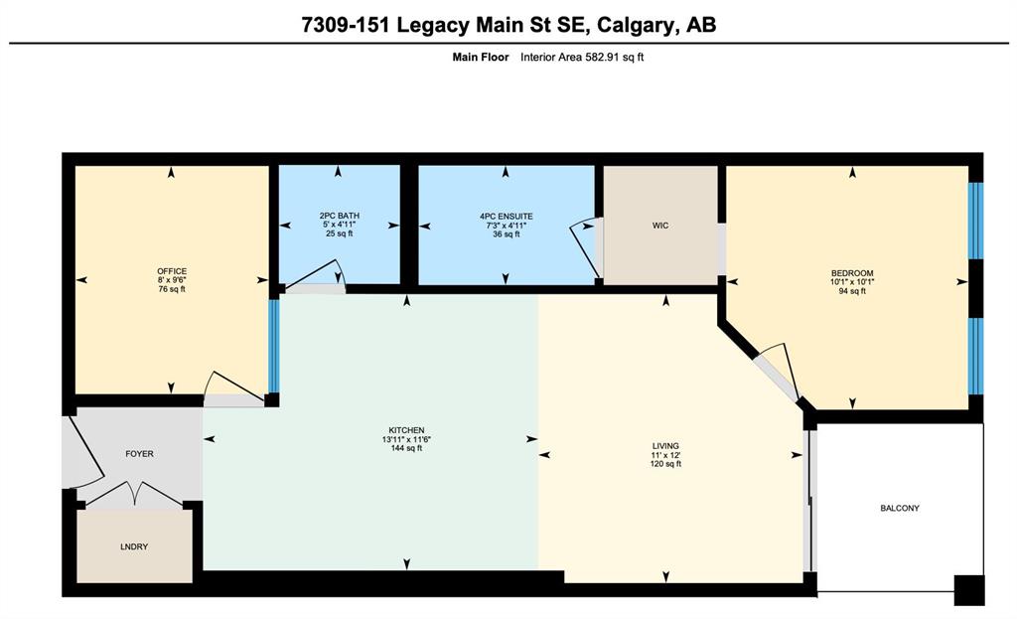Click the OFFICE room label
click(x=172, y=271)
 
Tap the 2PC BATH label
click(x=340, y=216)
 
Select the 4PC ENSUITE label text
click(x=506, y=216)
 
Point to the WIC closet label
click(x=660, y=226)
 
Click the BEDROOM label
click(x=852, y=273)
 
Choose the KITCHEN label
click(x=406, y=430)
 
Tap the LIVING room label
click(x=665, y=446)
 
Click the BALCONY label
click(x=900, y=508)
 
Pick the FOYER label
click(x=139, y=453)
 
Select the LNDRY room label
click(x=134, y=546)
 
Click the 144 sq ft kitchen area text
click(x=406, y=448)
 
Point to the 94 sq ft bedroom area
click(x=852, y=291)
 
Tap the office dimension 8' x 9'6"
click(x=172, y=280)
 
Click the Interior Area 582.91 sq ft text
click(x=582, y=57)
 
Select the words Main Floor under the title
click(x=481, y=57)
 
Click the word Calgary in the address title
click(x=634, y=25)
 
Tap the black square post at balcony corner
click(x=969, y=590)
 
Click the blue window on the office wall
click(x=274, y=345)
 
